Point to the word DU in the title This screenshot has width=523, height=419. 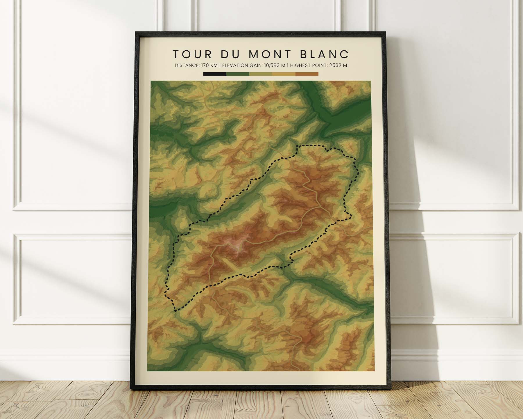[x=230, y=54]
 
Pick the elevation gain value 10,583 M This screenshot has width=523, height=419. [x=271, y=65]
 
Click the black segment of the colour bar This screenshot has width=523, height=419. [x=215, y=74]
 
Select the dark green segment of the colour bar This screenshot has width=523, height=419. [x=238, y=74]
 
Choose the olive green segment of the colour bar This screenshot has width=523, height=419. [x=261, y=74]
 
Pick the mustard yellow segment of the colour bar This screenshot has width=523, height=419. [x=284, y=74]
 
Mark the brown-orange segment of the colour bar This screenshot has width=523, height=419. [x=307, y=74]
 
